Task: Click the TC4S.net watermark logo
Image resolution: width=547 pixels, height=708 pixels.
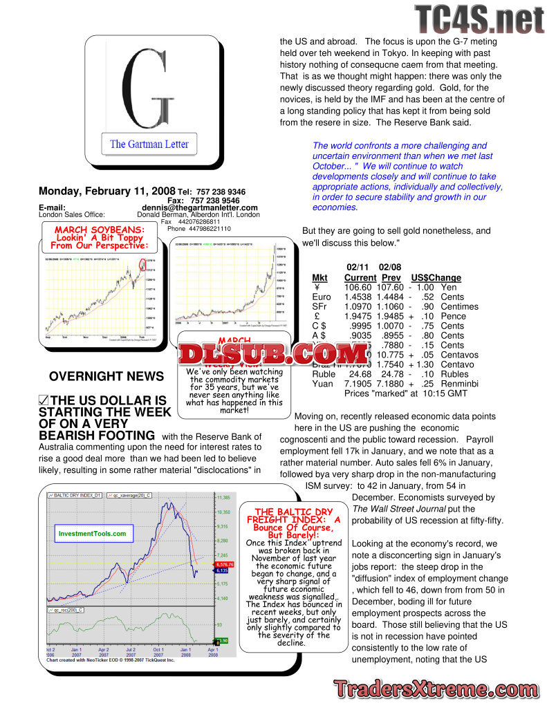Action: [479, 19]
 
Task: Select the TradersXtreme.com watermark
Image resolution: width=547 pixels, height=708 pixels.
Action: [436, 689]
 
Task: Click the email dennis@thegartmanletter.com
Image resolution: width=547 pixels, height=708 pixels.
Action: [200, 207]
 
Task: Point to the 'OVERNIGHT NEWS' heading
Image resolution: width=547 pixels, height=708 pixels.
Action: [106, 377]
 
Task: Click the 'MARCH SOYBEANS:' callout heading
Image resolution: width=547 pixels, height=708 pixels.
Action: [100, 230]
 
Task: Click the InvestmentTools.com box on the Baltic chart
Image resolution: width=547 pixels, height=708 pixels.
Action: [92, 534]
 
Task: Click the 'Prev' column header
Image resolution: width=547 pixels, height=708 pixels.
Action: [391, 278]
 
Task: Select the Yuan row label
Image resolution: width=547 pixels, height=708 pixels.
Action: [322, 384]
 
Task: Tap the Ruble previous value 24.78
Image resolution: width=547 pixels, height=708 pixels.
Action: [391, 374]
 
